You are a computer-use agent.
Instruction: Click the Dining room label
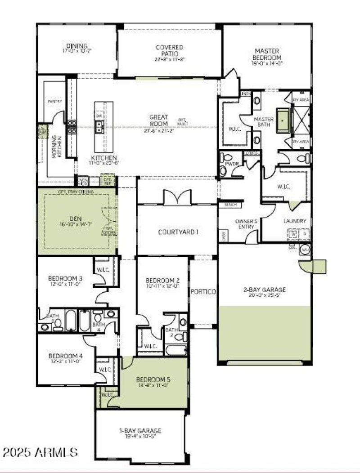(73, 45)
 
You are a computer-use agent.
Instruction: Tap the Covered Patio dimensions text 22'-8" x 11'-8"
(169, 59)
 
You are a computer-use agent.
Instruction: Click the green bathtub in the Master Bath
(282, 120)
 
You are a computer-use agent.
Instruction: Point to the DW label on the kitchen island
(99, 115)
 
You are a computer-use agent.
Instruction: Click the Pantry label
(54, 102)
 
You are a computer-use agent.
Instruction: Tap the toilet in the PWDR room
(223, 170)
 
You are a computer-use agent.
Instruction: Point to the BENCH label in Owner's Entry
(225, 205)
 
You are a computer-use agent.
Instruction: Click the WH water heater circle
(305, 250)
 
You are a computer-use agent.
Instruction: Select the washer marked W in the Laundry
(293, 234)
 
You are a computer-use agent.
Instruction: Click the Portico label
(203, 292)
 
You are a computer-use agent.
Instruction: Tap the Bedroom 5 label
(153, 379)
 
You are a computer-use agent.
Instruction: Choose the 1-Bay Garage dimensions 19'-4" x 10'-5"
(140, 436)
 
